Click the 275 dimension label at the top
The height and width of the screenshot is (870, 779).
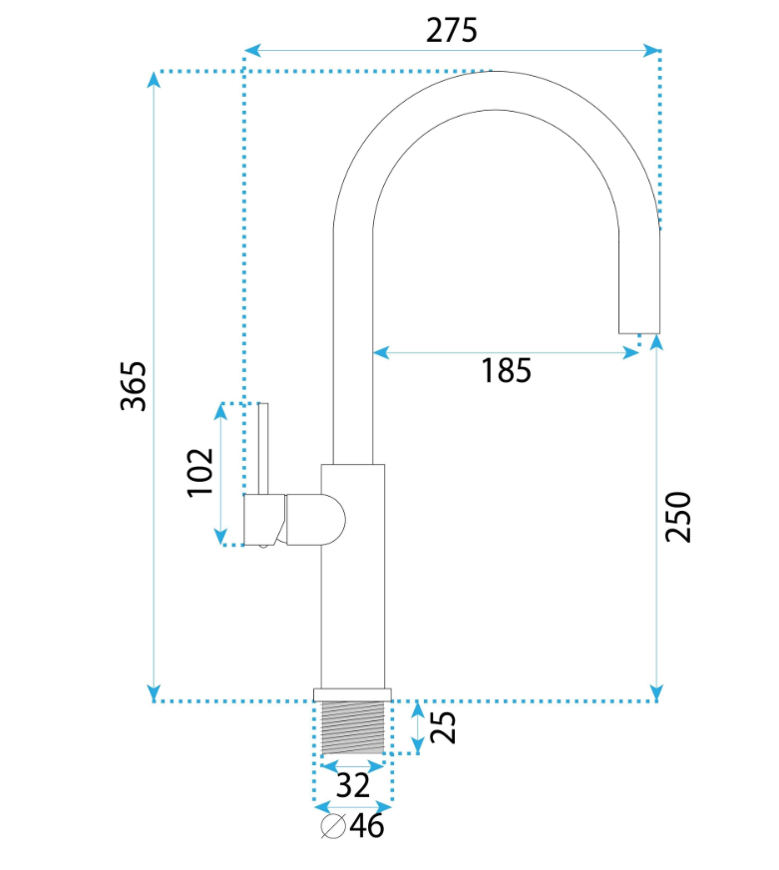coord(451,31)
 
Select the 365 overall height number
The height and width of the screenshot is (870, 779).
coord(134,386)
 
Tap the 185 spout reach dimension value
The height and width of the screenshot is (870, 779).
coord(506,370)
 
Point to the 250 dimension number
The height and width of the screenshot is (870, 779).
coord(678,517)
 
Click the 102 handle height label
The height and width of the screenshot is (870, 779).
coord(199,473)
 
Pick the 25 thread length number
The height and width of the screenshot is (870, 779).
coord(443,727)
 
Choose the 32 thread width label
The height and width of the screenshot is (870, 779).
coord(353,785)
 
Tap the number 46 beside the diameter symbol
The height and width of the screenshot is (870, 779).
coord(367,826)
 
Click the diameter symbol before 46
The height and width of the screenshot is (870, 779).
coord(333,826)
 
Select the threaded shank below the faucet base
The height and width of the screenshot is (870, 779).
coord(353,727)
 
